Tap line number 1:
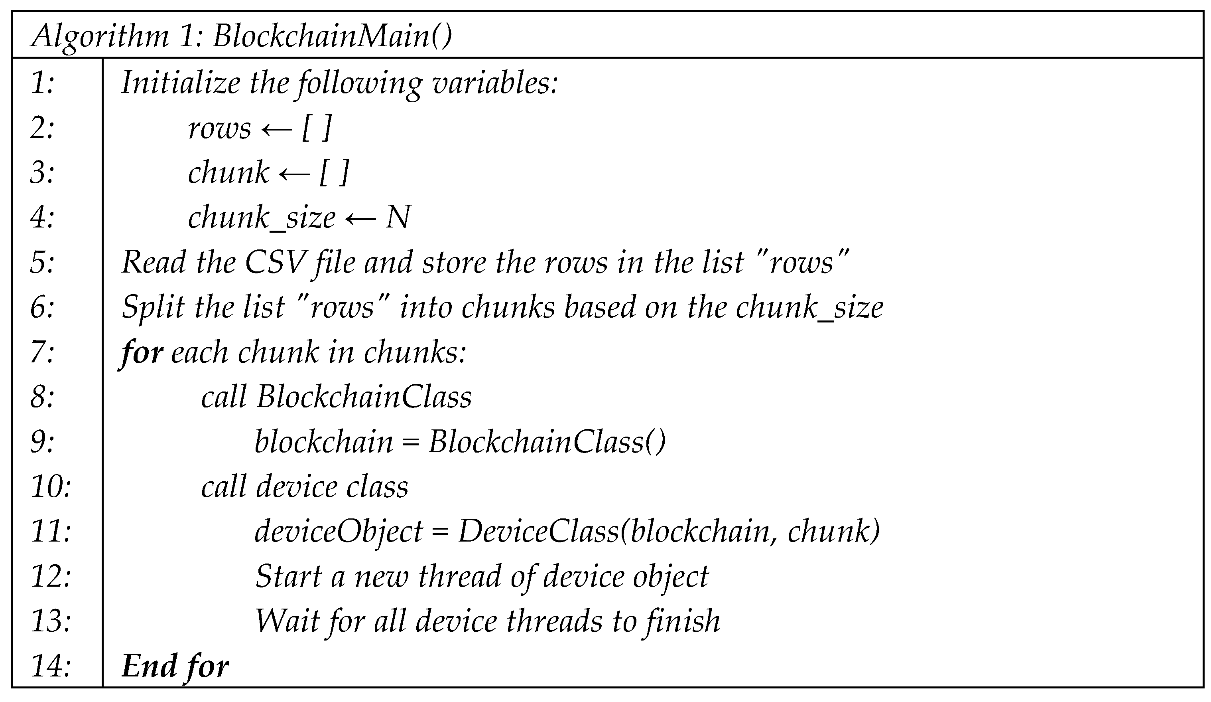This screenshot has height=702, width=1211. click(x=42, y=83)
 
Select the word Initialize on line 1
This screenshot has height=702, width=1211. click(x=181, y=83)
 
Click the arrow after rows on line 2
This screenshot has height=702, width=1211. click(x=276, y=129)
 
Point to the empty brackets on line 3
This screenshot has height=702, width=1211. click(x=333, y=173)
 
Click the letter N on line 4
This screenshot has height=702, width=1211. click(x=398, y=218)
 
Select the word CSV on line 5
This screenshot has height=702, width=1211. click(x=276, y=263)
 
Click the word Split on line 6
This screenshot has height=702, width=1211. click(x=153, y=308)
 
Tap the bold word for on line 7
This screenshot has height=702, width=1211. click(x=142, y=352)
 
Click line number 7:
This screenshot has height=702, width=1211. click(x=42, y=352)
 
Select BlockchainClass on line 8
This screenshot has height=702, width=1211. click(x=364, y=397)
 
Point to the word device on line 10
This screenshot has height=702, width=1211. click(x=297, y=486)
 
